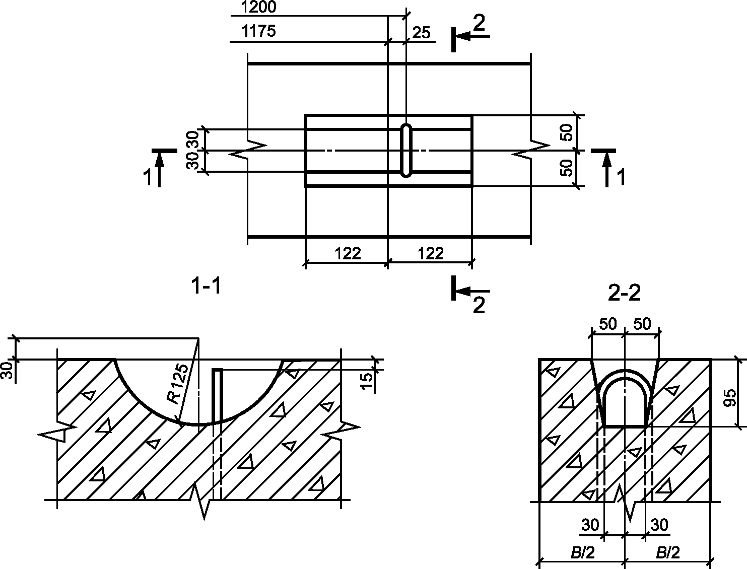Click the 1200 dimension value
coord(258,7)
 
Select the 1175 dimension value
coord(258,31)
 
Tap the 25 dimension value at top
coord(421,33)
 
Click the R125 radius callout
coord(178,384)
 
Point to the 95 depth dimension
coord(730,398)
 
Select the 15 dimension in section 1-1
coord(367,382)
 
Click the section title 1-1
coord(207,286)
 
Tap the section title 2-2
coord(624,293)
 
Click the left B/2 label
coord(582,553)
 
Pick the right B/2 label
coord(667,553)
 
